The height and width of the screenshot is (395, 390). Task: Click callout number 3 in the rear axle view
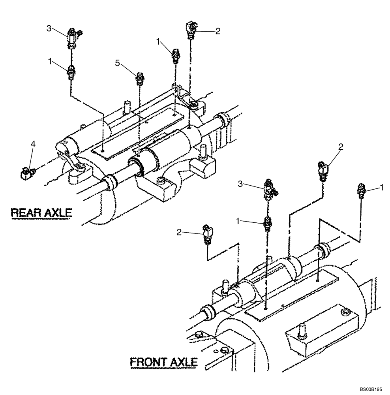49,28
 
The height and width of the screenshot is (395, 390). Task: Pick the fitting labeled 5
139,79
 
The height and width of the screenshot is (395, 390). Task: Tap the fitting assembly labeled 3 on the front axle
269,188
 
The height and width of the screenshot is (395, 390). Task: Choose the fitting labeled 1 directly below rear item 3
71,73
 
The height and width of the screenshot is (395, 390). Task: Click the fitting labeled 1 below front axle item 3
268,224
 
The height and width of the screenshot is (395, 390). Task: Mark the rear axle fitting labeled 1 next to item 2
176,56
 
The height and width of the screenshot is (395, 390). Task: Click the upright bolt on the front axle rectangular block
302,329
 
